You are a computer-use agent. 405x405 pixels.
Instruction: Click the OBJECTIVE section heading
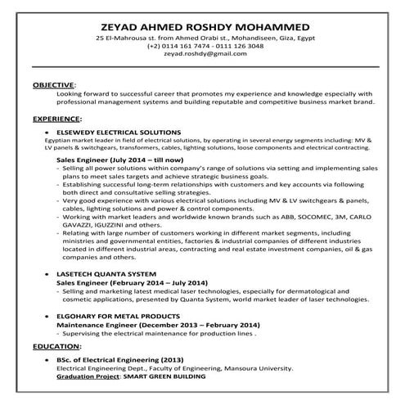(53, 84)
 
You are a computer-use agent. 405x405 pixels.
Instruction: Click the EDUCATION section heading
(55, 346)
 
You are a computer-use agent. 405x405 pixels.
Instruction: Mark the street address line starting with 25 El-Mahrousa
(201, 38)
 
